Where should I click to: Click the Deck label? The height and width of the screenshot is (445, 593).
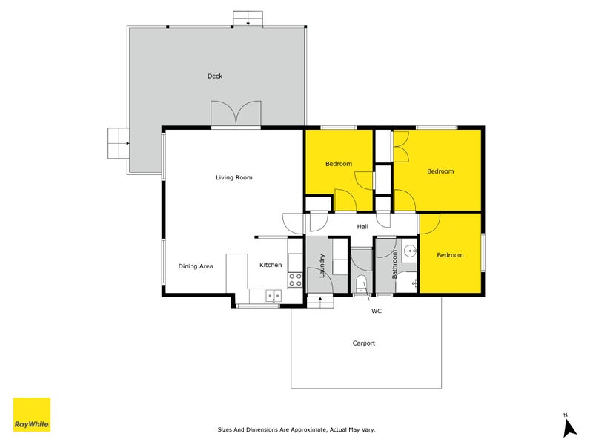(215, 76)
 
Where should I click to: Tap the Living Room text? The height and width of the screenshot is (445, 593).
(234, 177)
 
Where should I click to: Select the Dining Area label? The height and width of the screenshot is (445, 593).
(196, 266)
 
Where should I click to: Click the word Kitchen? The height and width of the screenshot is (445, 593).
(271, 265)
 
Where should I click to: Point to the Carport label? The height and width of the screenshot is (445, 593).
(364, 343)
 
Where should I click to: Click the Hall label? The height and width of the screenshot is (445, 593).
(362, 227)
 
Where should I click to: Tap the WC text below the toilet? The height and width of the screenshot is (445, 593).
(377, 311)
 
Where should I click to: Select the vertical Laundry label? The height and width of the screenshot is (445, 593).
(322, 265)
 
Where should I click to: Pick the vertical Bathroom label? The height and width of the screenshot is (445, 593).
(395, 263)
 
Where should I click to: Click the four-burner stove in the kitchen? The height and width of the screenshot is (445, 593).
(294, 280)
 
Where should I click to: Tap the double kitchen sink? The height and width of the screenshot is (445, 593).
(272, 295)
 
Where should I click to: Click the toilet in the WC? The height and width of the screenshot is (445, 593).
(361, 283)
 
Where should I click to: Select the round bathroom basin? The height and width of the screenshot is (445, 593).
(409, 251)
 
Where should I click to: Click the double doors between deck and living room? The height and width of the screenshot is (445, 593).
(236, 114)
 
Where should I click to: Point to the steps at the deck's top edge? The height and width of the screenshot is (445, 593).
(248, 19)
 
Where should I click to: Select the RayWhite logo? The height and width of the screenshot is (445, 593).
(32, 415)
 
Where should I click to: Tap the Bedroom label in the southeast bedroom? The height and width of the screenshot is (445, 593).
(450, 255)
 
